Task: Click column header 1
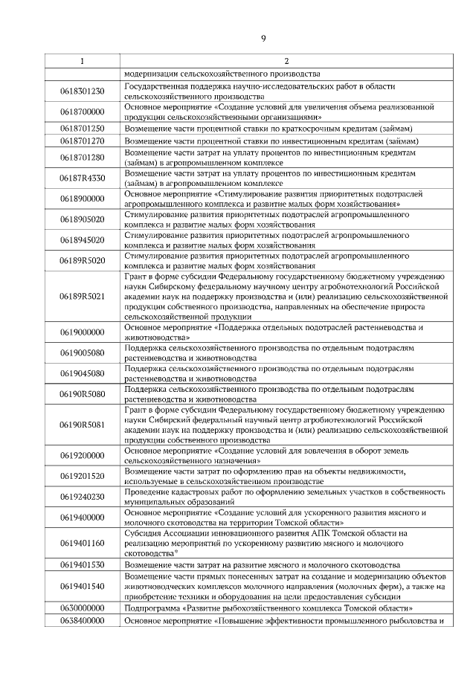82,61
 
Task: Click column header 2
286,61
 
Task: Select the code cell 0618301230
82,91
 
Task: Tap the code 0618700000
82,112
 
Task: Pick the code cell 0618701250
82,128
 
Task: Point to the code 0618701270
82,141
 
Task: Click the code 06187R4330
82,178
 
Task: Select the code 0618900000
82,199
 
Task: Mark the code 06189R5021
82,297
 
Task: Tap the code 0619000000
82,332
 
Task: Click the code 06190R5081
82,425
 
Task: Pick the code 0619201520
82,476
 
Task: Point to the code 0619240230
82,497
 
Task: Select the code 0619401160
82,543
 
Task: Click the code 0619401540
82,586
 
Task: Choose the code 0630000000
82,608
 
